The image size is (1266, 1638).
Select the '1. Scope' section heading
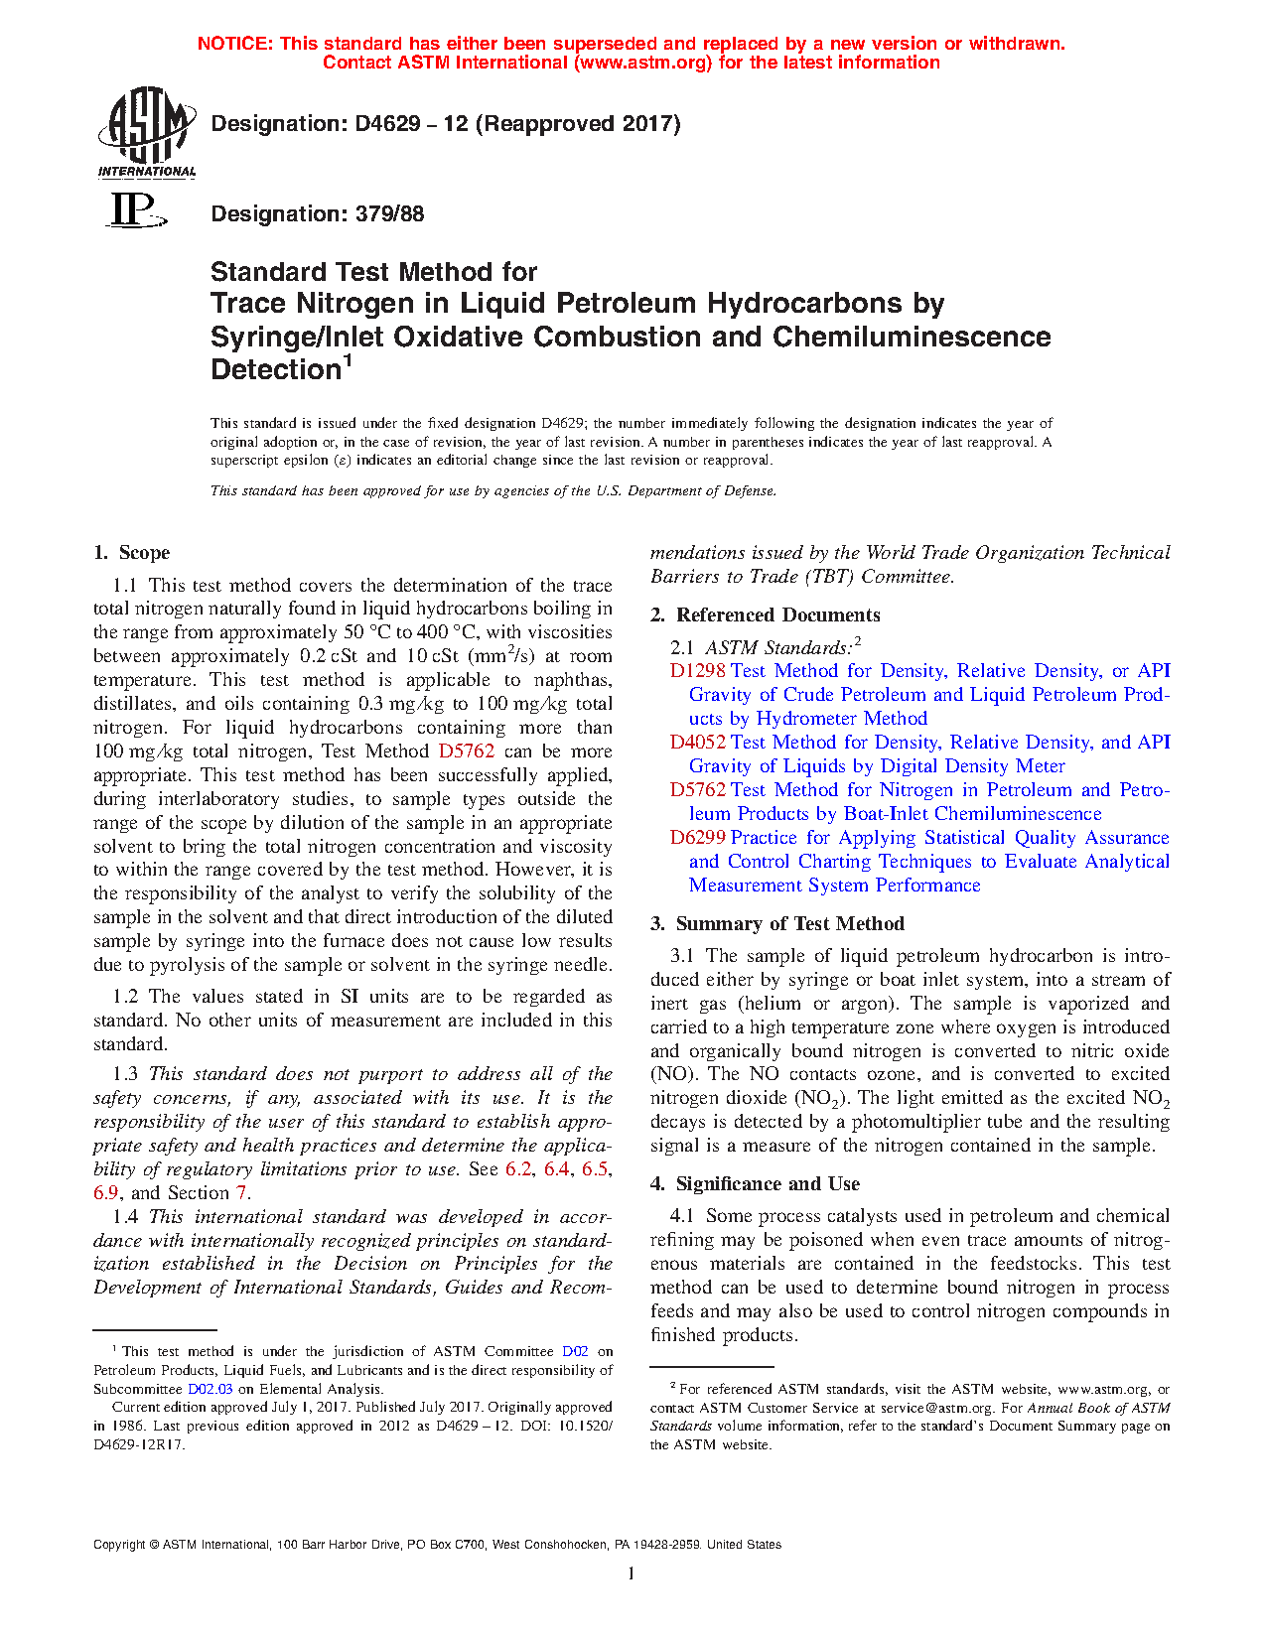(131, 553)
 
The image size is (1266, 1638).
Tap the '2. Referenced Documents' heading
(765, 615)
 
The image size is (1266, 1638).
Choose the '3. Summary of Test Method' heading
(776, 924)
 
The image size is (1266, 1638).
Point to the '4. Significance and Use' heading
(755, 1184)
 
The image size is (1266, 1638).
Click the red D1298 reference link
(697, 671)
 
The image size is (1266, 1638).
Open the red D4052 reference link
(697, 743)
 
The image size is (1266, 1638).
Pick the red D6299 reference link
(697, 838)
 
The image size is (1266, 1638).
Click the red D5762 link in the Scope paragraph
(466, 751)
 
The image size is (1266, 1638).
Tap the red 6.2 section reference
(518, 1169)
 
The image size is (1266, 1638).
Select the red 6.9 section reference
(106, 1193)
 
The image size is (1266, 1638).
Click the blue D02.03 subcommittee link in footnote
(210, 1389)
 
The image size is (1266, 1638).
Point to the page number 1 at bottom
(632, 1573)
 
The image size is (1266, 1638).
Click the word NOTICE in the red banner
(234, 44)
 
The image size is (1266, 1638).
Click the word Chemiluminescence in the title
(912, 337)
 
